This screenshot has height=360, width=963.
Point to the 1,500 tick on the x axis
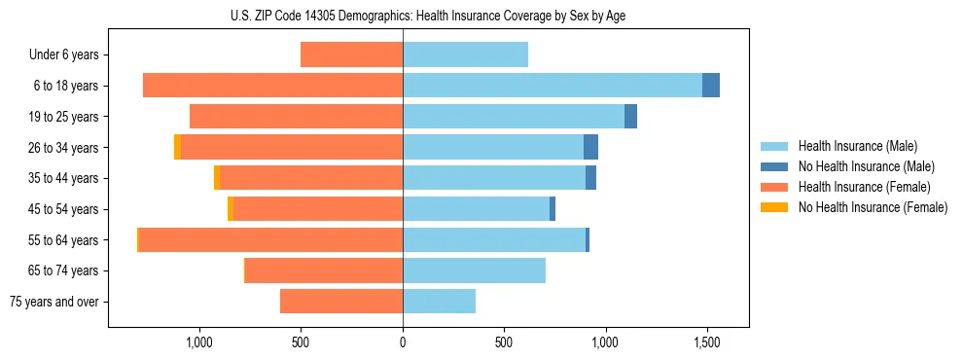pyautogui.click(x=706, y=342)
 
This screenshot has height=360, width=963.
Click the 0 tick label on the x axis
pyautogui.click(x=403, y=342)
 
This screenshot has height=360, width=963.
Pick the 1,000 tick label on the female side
pyautogui.click(x=199, y=342)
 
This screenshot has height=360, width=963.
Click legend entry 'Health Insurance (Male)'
pyautogui.click(x=857, y=146)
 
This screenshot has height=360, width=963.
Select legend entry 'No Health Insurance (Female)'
pyautogui.click(x=873, y=207)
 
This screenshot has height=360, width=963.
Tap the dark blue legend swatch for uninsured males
pyautogui.click(x=775, y=166)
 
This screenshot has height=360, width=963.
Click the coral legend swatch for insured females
pyautogui.click(x=775, y=187)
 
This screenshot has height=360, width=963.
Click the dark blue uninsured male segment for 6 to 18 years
pyautogui.click(x=711, y=86)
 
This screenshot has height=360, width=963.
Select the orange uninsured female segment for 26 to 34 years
pyautogui.click(x=177, y=147)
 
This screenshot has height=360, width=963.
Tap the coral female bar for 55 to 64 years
pyautogui.click(x=270, y=239)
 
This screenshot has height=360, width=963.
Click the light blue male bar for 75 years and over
pyautogui.click(x=439, y=302)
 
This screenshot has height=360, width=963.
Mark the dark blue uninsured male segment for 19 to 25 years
pyautogui.click(x=630, y=117)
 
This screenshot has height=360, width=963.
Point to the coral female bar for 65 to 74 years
pyautogui.click(x=324, y=270)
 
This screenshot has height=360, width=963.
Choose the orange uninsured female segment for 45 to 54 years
pyautogui.click(x=231, y=209)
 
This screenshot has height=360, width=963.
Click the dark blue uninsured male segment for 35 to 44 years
pyautogui.click(x=590, y=178)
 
